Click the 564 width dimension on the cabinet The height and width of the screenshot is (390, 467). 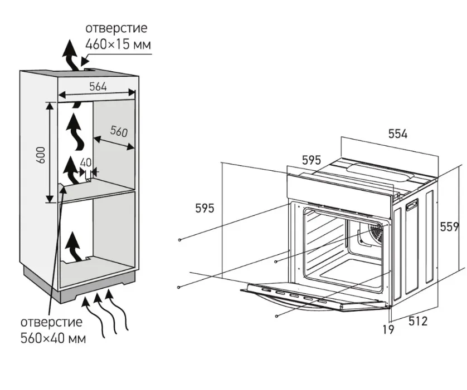(x=98, y=86)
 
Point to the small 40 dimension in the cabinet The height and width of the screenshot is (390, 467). (x=85, y=162)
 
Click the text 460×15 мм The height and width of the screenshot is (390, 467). (x=118, y=44)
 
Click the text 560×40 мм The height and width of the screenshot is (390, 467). (x=53, y=338)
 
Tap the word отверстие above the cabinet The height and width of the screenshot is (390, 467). (x=116, y=28)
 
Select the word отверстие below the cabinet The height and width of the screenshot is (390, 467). (x=51, y=322)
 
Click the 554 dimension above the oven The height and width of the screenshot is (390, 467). (x=398, y=134)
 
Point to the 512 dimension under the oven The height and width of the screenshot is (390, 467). (x=418, y=321)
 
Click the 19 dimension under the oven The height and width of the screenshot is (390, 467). (x=388, y=329)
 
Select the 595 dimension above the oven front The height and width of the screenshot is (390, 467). (x=312, y=160)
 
